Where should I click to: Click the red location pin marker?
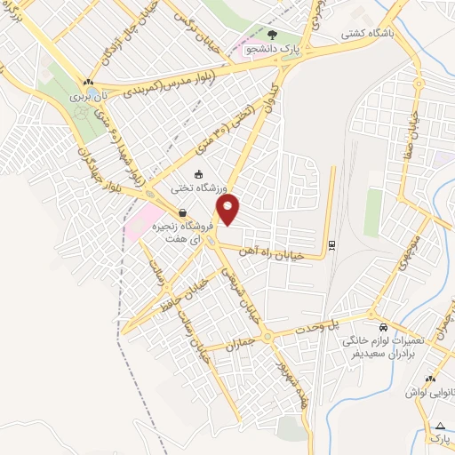tap(229, 212)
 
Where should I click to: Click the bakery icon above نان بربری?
tap(88, 82)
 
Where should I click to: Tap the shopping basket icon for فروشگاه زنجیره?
tap(182, 212)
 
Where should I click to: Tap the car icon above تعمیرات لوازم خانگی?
tap(383, 326)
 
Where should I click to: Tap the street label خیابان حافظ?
tap(188, 295)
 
